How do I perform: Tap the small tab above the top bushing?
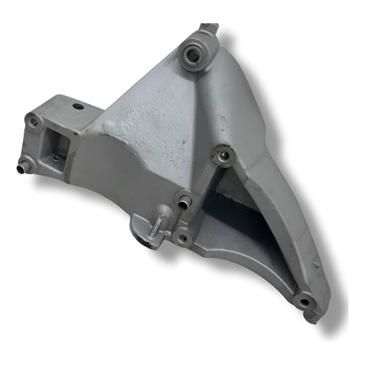click(209, 27)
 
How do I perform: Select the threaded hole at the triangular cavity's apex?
click(223, 156)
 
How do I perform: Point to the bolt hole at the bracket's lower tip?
click(304, 300)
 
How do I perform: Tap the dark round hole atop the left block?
click(78, 106)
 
